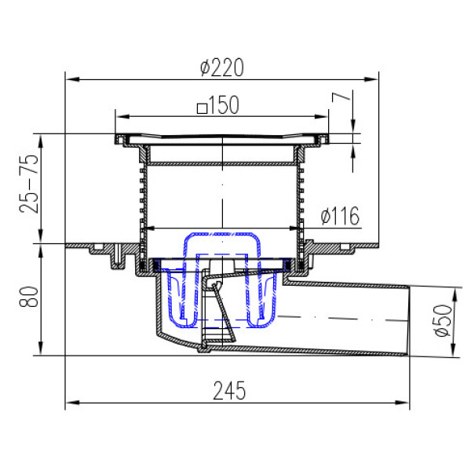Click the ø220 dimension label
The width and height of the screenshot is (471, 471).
222,68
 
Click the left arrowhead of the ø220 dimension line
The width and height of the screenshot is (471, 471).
69,78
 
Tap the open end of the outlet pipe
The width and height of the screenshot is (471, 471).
408,322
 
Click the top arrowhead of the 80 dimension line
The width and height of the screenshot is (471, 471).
39,248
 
